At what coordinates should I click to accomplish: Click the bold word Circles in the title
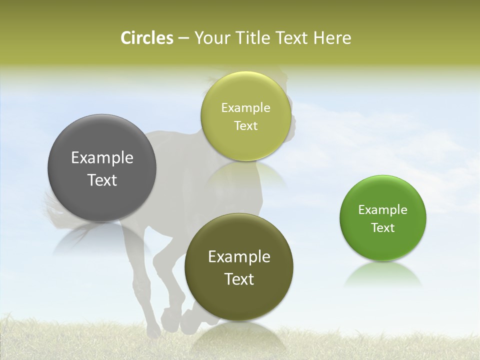[x=147, y=38]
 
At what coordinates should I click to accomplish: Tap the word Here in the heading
[x=332, y=38]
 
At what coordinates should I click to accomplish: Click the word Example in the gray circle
[x=102, y=158]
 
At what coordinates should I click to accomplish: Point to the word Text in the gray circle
[x=102, y=180]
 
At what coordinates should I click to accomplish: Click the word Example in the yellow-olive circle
[x=246, y=108]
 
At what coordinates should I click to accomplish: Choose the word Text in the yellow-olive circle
[x=246, y=126]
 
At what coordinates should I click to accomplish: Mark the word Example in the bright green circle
[x=383, y=210]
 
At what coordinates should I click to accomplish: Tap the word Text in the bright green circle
[x=383, y=228]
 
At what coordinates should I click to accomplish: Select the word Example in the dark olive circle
[x=239, y=257]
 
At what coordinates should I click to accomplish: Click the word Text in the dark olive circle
[x=239, y=279]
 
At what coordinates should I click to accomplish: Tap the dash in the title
[x=183, y=38]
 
